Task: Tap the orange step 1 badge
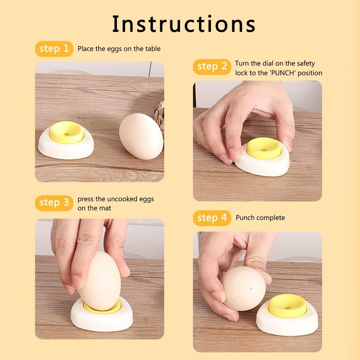pos(54,49)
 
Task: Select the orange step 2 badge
pos(212,67)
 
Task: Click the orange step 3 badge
pos(54,203)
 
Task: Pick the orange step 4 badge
pos(212,218)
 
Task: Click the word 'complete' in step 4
pos(270,218)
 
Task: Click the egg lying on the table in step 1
pos(141,135)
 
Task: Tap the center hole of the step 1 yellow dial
pos(67,134)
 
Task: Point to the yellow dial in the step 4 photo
pos(287,305)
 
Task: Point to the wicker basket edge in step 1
pos(160,110)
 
